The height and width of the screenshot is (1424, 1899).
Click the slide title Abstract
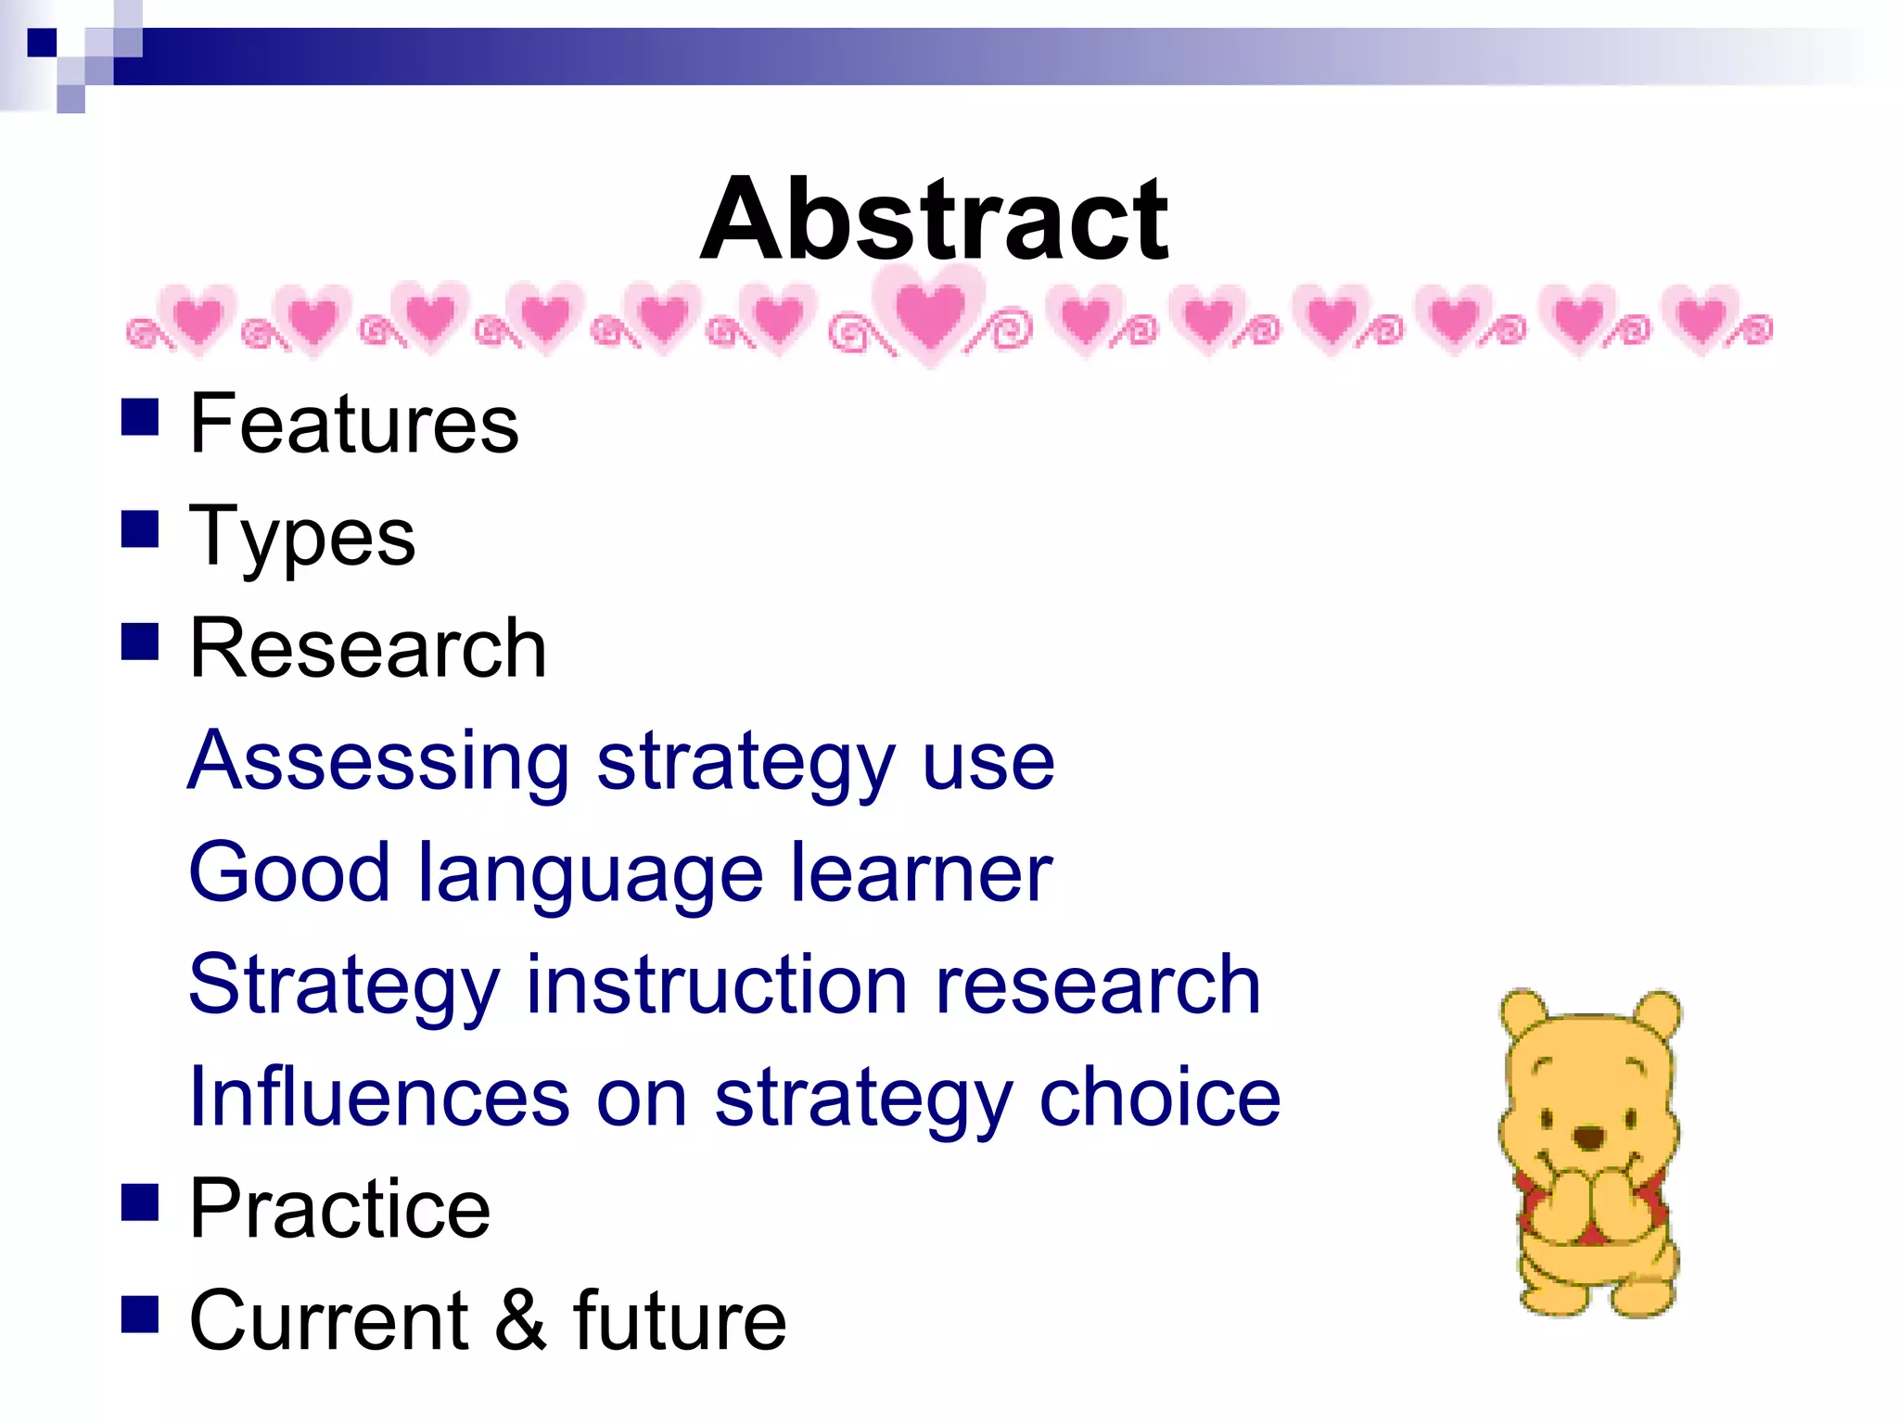tap(934, 220)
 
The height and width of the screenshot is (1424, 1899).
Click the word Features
tap(353, 424)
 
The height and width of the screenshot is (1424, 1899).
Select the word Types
tap(301, 538)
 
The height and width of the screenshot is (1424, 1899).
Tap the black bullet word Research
tap(367, 649)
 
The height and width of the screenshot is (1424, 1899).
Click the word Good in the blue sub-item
tap(288, 872)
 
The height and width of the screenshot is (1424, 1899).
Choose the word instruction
tap(717, 985)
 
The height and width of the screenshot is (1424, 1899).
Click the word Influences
tap(378, 1097)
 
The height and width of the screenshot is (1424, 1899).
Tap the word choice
tap(1159, 1097)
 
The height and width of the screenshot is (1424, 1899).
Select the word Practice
tap(339, 1209)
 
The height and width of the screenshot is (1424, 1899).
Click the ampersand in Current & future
tap(520, 1321)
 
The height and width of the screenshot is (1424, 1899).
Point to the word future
tap(680, 1321)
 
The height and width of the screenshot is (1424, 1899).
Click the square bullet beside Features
tap(140, 417)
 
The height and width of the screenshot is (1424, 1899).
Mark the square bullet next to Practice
tap(140, 1202)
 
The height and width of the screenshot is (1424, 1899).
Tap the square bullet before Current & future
tap(140, 1315)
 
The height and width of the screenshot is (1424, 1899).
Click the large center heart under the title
tap(930, 315)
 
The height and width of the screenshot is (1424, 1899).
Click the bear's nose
tap(1589, 1137)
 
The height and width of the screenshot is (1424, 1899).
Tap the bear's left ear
tap(1521, 1012)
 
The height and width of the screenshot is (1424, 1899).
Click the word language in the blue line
tap(591, 874)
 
